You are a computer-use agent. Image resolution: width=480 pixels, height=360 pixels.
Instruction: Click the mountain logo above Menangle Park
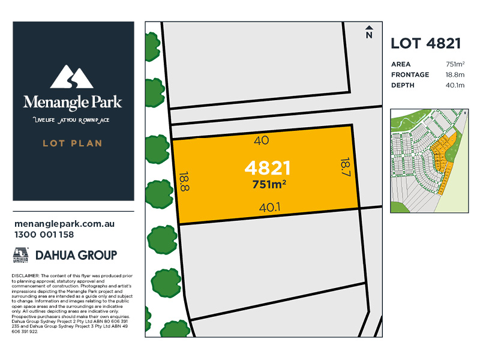click(73, 77)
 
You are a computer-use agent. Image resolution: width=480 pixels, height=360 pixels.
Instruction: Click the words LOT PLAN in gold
click(73, 143)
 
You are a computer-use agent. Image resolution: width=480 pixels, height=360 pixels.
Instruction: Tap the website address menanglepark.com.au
click(64, 224)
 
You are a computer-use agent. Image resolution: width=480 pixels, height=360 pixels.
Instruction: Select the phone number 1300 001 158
click(43, 235)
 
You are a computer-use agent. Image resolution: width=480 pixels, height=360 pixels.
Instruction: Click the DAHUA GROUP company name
click(76, 255)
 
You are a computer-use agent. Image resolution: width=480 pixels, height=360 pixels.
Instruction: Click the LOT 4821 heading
click(425, 43)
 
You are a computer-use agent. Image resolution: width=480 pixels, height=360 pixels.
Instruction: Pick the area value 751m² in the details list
click(455, 64)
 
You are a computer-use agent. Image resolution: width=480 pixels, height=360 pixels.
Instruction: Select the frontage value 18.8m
click(455, 75)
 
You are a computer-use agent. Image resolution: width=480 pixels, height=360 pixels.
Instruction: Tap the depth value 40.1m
click(455, 86)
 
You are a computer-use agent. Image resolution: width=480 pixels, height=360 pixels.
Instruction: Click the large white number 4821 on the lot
click(268, 168)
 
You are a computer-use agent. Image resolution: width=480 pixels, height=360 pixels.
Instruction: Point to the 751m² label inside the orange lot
click(268, 184)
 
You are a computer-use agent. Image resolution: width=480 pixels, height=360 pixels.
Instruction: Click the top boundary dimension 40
click(262, 140)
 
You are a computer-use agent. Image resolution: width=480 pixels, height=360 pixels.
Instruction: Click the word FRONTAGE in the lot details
click(410, 75)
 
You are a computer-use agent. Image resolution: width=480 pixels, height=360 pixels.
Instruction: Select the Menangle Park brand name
click(73, 102)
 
